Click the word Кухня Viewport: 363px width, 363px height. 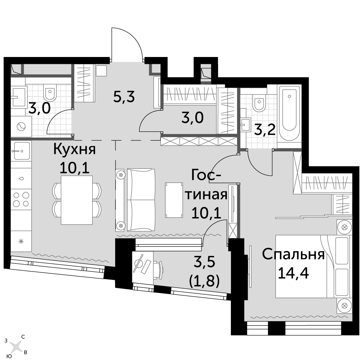click(x=74, y=150)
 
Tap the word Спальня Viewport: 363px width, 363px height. click(x=293, y=255)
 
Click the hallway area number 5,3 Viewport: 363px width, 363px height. click(x=124, y=97)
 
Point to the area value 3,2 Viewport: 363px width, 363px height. click(x=265, y=130)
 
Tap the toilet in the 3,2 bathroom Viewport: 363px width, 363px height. click(x=259, y=103)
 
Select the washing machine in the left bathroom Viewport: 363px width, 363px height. click(x=21, y=127)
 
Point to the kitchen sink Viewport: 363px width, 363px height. click(x=22, y=151)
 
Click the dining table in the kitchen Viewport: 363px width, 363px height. click(x=77, y=200)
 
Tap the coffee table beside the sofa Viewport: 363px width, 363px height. click(x=174, y=200)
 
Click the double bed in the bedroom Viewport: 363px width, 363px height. click(x=312, y=266)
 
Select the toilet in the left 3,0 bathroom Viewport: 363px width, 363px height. click(x=50, y=93)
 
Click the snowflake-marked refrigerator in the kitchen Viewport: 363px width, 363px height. click(x=21, y=241)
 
